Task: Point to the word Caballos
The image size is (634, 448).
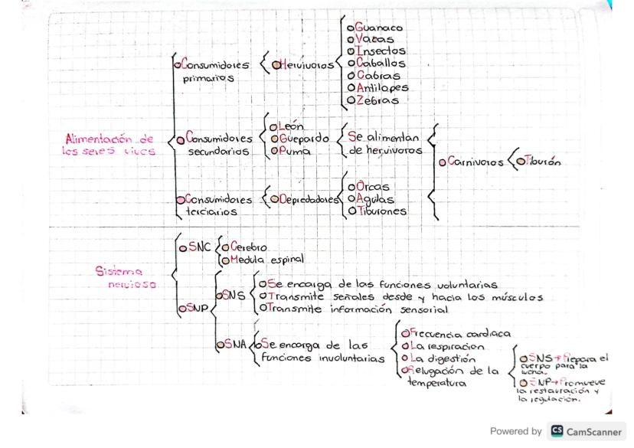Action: tap(380, 64)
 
